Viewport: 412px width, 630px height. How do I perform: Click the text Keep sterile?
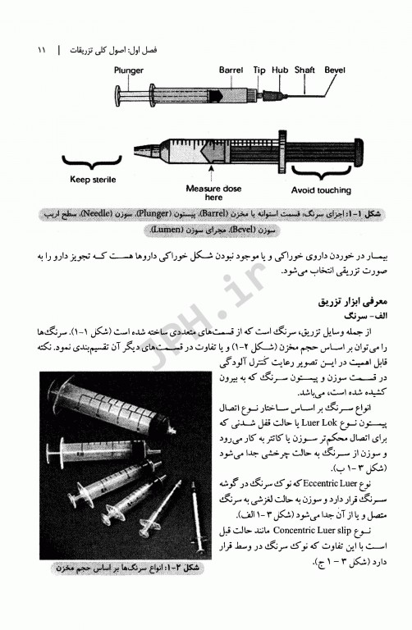(93, 179)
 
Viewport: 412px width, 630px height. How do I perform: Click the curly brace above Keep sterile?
(93, 164)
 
